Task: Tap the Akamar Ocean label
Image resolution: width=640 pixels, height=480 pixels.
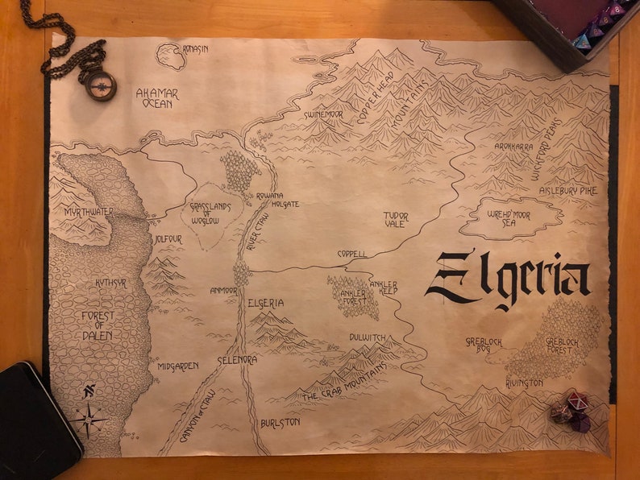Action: tap(157, 98)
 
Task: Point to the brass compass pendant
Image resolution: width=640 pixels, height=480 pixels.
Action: tap(101, 85)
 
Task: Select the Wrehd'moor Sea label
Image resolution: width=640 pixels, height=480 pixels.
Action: tap(512, 217)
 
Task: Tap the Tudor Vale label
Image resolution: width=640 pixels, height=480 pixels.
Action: tap(396, 220)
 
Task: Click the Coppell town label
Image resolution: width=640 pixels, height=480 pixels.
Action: tap(351, 254)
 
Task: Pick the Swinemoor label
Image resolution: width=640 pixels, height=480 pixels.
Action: tap(323, 115)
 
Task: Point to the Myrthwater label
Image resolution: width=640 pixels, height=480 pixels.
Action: tap(89, 211)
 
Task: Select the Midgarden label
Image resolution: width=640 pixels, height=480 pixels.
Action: tap(177, 366)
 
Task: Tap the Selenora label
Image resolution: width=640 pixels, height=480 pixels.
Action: tap(237, 360)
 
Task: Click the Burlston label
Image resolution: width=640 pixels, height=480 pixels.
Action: tap(280, 422)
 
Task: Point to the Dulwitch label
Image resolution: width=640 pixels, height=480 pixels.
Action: tap(368, 337)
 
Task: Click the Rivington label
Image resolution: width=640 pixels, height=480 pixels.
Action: tap(524, 383)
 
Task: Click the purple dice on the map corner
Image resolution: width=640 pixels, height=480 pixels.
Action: tap(571, 411)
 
